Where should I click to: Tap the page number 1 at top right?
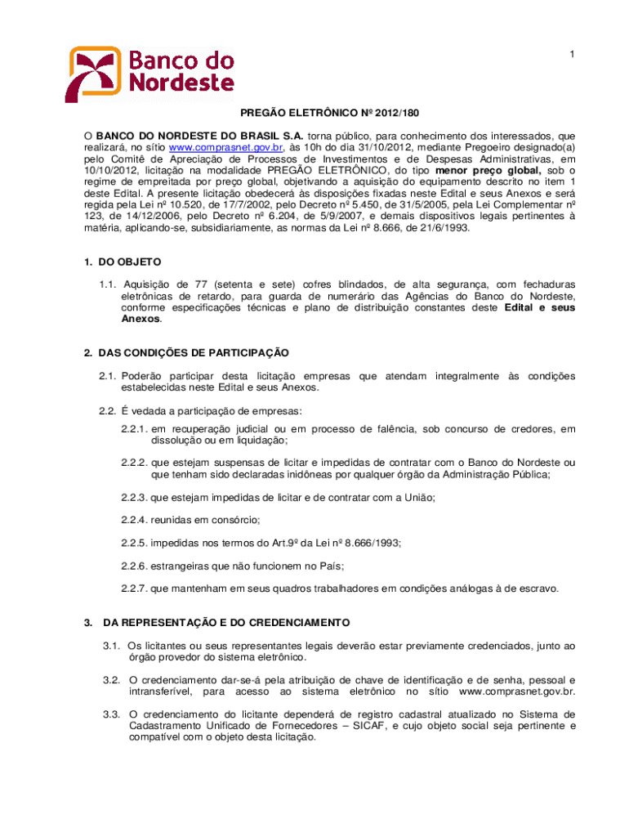(573, 54)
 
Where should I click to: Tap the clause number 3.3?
(111, 714)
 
